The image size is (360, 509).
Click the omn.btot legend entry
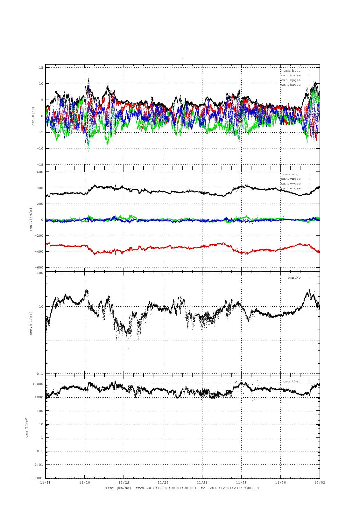click(x=292, y=70)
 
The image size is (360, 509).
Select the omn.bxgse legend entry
click(x=291, y=75)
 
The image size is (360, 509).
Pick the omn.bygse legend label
click(x=291, y=80)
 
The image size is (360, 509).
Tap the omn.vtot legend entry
click(x=292, y=174)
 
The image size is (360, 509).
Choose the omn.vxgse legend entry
click(x=291, y=179)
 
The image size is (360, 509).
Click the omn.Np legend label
click(x=294, y=278)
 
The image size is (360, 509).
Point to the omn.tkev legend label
click(x=292, y=381)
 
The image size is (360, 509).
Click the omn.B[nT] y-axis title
click(x=33, y=116)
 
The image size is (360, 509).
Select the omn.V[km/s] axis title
click(x=31, y=220)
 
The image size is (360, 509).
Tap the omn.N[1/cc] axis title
click(x=31, y=323)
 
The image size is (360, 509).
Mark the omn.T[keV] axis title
click(x=27, y=427)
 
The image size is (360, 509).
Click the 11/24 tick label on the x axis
click(x=163, y=482)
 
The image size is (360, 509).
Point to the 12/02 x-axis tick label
click(x=320, y=482)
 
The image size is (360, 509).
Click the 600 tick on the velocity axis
click(x=40, y=172)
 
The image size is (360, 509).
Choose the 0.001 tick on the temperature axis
click(x=38, y=478)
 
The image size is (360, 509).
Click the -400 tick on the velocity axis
click(x=39, y=252)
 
